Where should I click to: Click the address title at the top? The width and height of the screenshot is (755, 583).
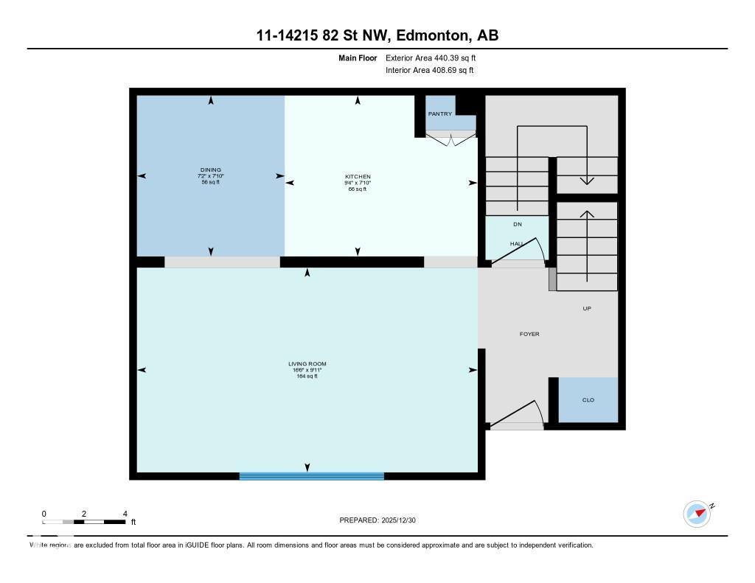click(377, 36)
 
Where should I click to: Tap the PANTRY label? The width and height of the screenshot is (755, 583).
click(440, 114)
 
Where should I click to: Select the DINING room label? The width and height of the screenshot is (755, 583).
click(210, 170)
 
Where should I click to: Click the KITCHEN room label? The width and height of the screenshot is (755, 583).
click(358, 177)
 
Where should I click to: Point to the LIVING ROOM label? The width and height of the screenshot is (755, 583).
click(307, 364)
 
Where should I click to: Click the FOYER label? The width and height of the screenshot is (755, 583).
click(529, 335)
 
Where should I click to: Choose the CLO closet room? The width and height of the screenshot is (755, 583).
click(588, 400)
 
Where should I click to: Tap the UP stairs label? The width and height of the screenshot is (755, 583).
click(587, 309)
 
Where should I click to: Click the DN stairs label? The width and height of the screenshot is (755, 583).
click(517, 224)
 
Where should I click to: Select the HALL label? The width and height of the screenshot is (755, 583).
click(516, 243)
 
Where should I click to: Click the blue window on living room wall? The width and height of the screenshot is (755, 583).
click(311, 476)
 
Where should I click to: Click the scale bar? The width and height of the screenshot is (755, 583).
click(83, 523)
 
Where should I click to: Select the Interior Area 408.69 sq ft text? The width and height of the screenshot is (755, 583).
click(429, 71)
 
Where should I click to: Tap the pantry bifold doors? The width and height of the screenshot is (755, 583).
click(450, 136)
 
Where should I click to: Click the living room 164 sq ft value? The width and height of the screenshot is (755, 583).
click(307, 377)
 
